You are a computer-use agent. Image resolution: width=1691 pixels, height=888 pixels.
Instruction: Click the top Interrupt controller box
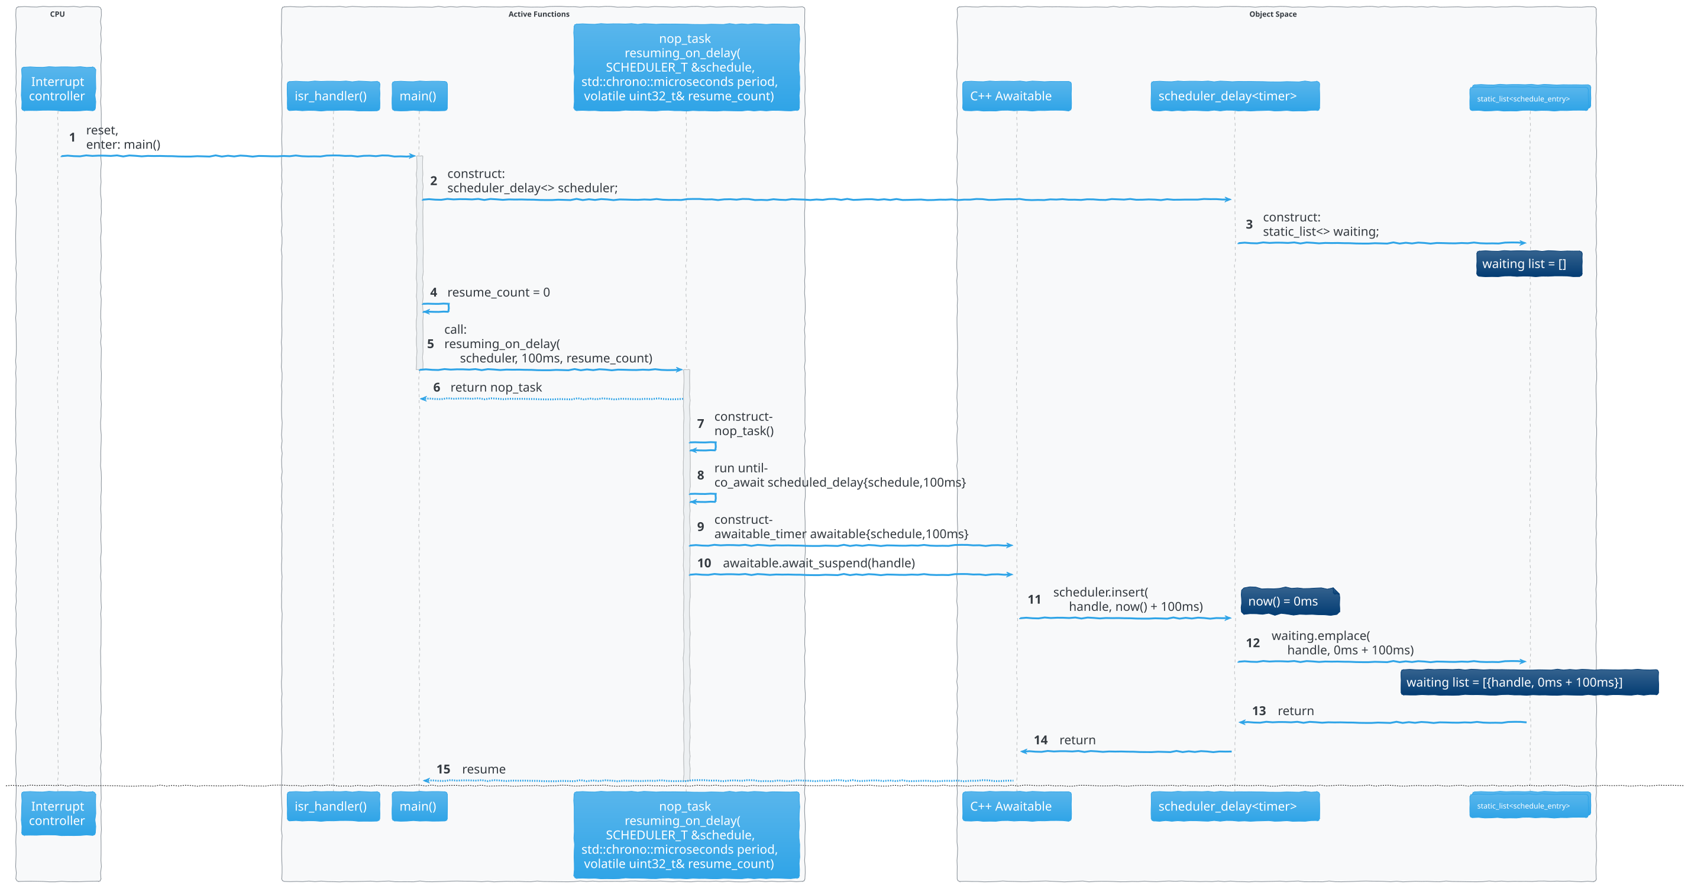point(58,89)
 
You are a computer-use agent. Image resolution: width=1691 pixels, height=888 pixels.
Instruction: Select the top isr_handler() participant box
point(333,96)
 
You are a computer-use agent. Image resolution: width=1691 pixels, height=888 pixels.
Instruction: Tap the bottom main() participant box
point(419,806)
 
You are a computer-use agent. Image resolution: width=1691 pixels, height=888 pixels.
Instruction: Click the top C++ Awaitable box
point(1016,96)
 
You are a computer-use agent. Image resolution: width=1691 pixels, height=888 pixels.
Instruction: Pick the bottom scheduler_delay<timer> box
point(1234,806)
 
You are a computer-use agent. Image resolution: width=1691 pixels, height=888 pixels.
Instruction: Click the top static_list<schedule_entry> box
point(1529,98)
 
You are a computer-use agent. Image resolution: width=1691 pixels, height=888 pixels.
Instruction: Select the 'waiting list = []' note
point(1528,264)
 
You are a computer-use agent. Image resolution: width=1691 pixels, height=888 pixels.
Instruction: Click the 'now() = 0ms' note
point(1289,601)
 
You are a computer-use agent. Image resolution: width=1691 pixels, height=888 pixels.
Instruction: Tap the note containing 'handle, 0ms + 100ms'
point(1528,683)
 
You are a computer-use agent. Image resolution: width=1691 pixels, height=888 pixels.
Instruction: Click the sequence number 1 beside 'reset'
point(72,137)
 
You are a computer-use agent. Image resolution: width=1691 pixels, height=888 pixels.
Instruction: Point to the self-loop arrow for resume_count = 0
point(437,307)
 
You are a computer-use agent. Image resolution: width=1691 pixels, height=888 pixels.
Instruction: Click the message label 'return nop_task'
point(496,388)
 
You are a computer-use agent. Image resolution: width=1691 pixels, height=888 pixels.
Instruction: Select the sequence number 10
point(704,563)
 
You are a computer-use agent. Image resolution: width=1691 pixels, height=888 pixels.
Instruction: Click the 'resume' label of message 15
point(483,769)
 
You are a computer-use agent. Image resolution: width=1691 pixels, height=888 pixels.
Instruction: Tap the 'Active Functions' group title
point(538,14)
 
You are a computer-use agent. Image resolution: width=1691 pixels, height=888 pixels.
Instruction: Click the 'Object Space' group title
point(1272,14)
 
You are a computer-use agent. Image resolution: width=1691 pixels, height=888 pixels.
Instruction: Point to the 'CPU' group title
point(57,14)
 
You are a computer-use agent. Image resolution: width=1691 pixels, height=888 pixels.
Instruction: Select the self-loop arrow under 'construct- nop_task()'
point(704,446)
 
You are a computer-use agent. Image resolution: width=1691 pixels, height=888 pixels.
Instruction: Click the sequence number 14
point(1040,740)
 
